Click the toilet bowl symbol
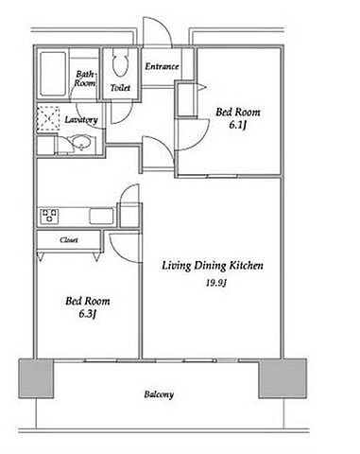(121, 62)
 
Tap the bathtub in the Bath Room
(53, 75)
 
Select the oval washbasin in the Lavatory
(82, 143)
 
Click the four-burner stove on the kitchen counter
(50, 216)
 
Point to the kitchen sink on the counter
(101, 216)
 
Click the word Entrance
(162, 66)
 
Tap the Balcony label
(159, 394)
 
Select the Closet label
(69, 240)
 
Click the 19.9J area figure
(216, 283)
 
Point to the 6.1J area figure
(237, 125)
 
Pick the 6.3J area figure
(87, 314)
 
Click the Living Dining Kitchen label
(213, 266)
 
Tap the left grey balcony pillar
(36, 378)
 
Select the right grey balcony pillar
(283, 378)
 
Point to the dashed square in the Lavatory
(48, 118)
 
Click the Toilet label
(120, 88)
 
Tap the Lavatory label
(81, 120)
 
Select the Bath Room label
(85, 79)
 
